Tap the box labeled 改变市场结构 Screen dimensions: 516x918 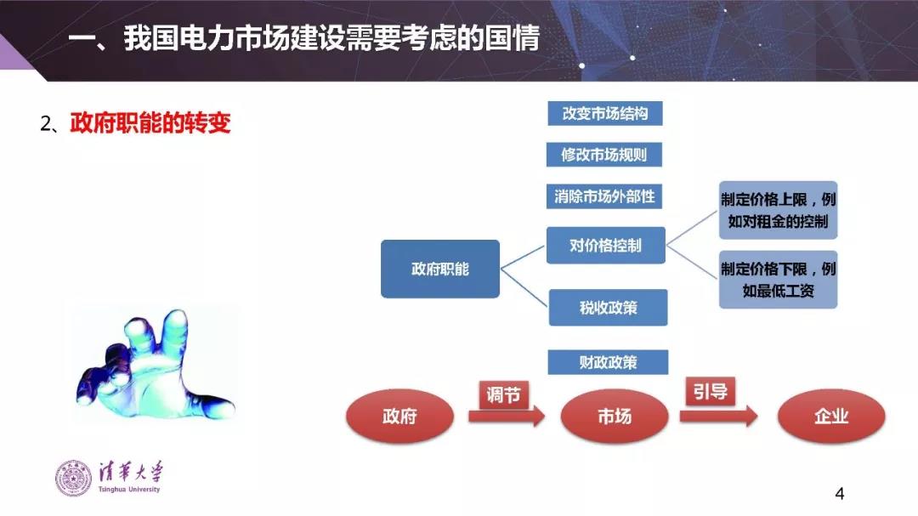pyautogui.click(x=604, y=113)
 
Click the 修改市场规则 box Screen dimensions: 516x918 pyautogui.click(x=603, y=155)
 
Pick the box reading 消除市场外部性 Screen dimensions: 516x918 pyautogui.click(x=604, y=196)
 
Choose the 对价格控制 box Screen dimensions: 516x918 pyautogui.click(x=605, y=246)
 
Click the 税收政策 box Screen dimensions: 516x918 pyautogui.click(x=608, y=308)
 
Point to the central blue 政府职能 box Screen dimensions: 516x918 pyautogui.click(x=440, y=269)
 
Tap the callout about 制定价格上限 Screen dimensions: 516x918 pyautogui.click(x=778, y=210)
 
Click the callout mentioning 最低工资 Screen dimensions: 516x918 pyautogui.click(x=778, y=279)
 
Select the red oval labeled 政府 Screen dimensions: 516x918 pyautogui.click(x=399, y=417)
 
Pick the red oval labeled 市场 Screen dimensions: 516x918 pyautogui.click(x=614, y=417)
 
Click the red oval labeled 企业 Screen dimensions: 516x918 pyautogui.click(x=831, y=417)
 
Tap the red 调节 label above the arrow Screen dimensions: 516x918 pyautogui.click(x=502, y=394)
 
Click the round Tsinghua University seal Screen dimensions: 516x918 pyautogui.click(x=73, y=478)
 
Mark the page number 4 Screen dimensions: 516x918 pyautogui.click(x=840, y=494)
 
